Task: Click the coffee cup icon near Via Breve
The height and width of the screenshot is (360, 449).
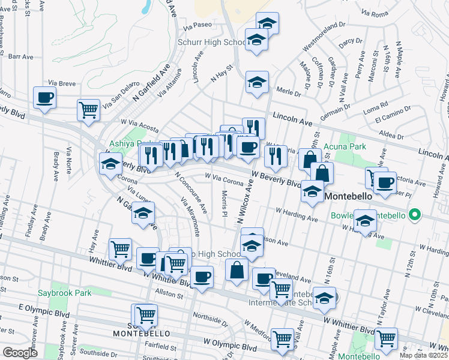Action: tap(45, 97)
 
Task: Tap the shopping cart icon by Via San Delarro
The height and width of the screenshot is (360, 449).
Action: tap(88, 110)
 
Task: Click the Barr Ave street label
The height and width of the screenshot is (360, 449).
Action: tap(21, 56)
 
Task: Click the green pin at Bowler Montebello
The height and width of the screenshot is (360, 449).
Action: tap(414, 214)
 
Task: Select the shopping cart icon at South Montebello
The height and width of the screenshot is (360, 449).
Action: tap(146, 314)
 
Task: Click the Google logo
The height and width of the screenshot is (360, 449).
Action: tap(20, 352)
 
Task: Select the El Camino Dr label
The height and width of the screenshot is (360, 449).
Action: tap(393, 118)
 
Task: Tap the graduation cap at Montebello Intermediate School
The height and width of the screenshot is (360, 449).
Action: tap(324, 298)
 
